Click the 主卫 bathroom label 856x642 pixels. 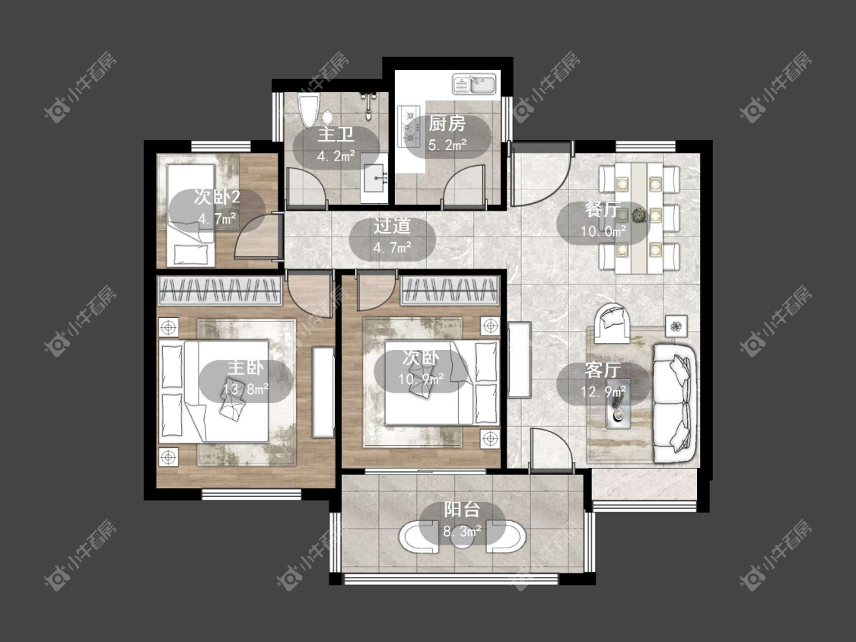pos(336,135)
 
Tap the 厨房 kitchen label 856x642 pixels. pos(447,124)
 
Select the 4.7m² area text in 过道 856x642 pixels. pos(392,248)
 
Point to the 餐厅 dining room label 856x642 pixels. pos(602,210)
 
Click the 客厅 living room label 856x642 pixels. pos(602,370)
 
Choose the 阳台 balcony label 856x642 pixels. pos(461,510)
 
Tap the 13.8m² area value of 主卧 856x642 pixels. pos(245,389)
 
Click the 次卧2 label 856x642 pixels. pos(217,197)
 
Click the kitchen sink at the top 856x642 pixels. pos(474,84)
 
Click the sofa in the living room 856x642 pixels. pos(674,404)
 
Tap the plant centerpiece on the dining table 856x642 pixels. pos(638,216)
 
